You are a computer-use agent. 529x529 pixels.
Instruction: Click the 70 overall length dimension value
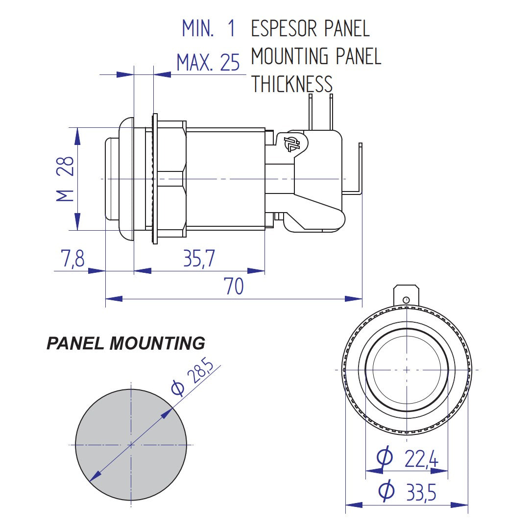[234, 287]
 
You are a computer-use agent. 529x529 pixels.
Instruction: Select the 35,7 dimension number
[199, 258]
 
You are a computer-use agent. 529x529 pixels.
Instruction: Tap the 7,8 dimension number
[73, 259]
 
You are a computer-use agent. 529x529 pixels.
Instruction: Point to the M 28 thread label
[65, 179]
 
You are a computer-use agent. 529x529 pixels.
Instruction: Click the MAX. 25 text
[208, 63]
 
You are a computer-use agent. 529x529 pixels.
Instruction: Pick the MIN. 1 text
[209, 28]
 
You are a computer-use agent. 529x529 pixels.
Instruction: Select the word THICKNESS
[292, 84]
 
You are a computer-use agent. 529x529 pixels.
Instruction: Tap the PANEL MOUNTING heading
[125, 343]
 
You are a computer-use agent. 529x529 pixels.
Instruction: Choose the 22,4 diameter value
[421, 459]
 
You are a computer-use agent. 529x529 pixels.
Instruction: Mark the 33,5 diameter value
[421, 492]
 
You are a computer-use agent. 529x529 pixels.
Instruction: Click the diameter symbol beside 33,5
[386, 491]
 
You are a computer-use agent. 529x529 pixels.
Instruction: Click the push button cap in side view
[112, 179]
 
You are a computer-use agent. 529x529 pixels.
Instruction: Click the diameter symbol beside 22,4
[385, 457]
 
